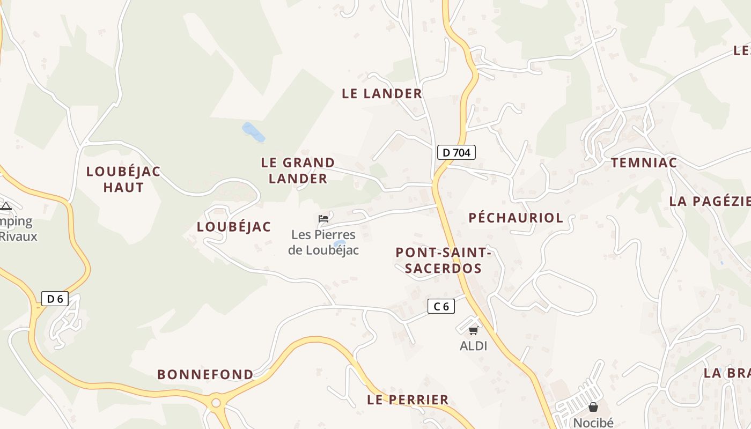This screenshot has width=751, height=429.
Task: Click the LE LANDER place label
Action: pos(382,94)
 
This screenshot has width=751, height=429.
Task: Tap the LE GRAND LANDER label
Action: pos(298,171)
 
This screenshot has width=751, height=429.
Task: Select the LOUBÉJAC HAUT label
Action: pos(123,179)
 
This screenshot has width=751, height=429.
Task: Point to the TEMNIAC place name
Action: pos(644,163)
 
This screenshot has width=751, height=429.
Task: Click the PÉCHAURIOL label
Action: pos(516,218)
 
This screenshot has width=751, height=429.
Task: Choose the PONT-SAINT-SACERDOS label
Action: pos(443,260)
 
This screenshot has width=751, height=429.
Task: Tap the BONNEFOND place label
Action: pos(205,374)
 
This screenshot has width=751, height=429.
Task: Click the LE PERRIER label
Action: pos(408,400)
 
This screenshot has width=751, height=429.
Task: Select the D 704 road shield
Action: pos(456,152)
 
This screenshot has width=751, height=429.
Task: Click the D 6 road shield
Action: pos(55,299)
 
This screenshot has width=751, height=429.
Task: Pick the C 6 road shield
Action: pos(441,306)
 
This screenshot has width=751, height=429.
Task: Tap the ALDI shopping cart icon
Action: pos(473,330)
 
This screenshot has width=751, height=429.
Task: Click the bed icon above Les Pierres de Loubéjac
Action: pos(323,218)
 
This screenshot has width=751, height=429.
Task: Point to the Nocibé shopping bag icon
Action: pos(593,407)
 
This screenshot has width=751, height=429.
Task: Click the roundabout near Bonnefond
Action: pos(216,402)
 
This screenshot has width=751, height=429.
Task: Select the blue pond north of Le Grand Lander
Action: pos(253,132)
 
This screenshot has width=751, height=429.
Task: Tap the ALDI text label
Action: pos(473,346)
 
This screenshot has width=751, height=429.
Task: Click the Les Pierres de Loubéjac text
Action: pos(323,242)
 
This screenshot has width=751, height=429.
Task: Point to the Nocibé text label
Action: pos(593,423)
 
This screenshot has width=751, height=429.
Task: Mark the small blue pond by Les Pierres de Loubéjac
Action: pos(339,244)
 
